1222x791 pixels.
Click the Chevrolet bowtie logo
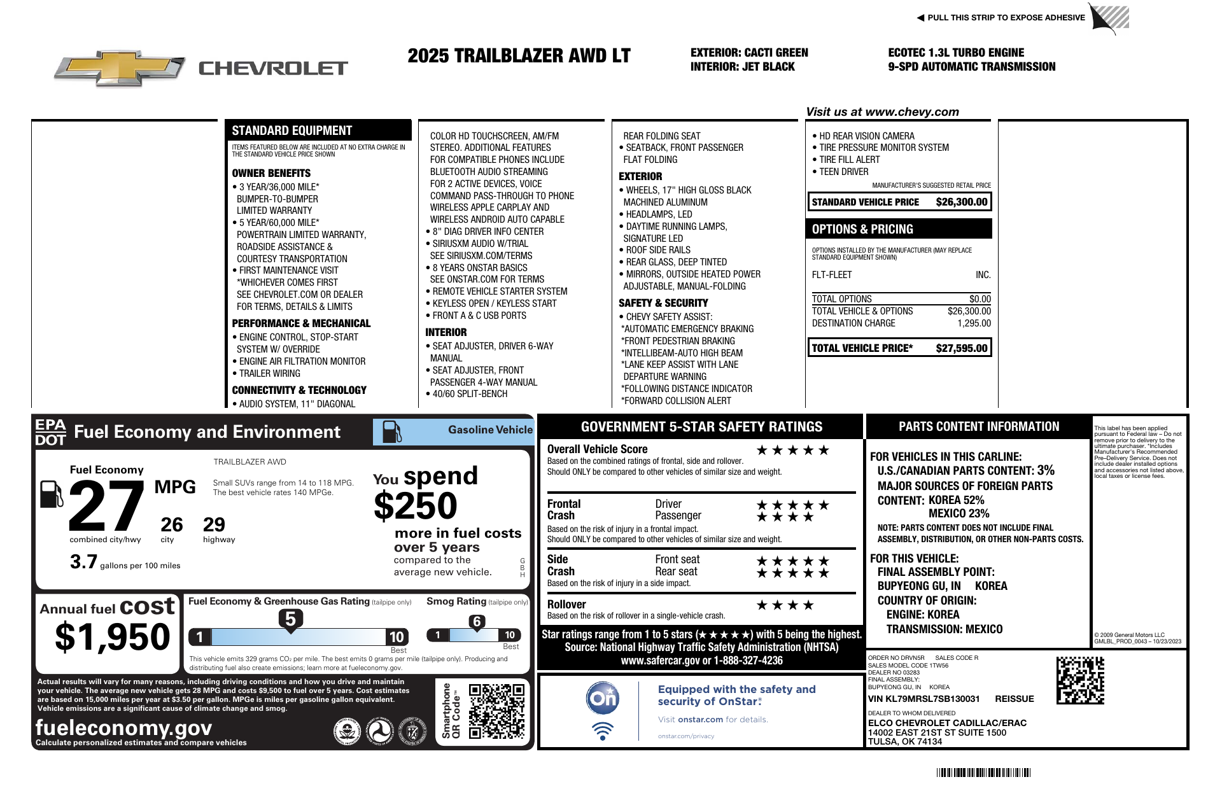[120, 67]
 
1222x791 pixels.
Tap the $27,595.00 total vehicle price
[961, 348]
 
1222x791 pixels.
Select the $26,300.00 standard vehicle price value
[961, 202]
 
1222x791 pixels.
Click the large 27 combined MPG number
[106, 507]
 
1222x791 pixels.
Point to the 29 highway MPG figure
[214, 524]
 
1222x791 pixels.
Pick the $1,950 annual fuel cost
[113, 637]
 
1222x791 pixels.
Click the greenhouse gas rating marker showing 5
[290, 619]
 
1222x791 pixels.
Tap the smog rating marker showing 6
[477, 622]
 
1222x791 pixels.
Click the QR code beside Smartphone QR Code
[496, 711]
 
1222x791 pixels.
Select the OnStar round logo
[602, 699]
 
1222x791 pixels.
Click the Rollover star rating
[784, 605]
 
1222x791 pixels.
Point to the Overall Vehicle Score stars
[792, 451]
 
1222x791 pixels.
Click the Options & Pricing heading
[862, 229]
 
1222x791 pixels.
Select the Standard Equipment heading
[291, 130]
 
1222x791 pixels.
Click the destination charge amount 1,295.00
[974, 323]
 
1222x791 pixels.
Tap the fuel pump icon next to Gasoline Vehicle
[391, 432]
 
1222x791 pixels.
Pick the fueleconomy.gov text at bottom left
[123, 727]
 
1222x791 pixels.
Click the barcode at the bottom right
[983, 773]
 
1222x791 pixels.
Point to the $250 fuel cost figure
[415, 507]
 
